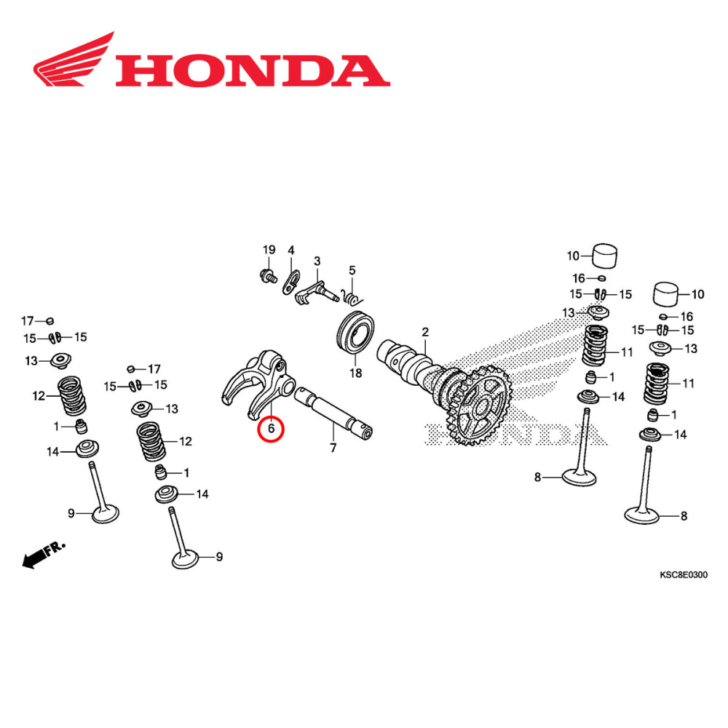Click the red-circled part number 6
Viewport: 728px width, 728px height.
(271, 429)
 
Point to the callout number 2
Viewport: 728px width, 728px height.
(425, 332)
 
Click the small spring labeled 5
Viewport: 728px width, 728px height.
(352, 296)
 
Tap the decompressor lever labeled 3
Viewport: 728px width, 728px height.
(317, 289)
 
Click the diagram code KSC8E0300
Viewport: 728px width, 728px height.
(683, 575)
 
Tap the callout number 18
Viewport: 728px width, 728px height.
(355, 373)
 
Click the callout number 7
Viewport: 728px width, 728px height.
(333, 448)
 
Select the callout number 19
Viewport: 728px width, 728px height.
(267, 250)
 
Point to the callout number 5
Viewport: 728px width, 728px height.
(352, 270)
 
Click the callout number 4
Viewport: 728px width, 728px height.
(291, 250)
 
